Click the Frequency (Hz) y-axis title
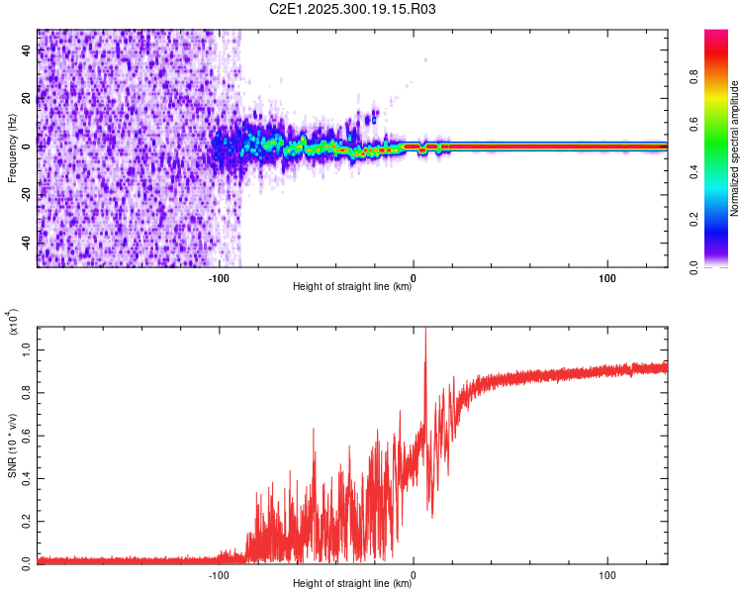pyautogui.click(x=12, y=149)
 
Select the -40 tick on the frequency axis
pyautogui.click(x=26, y=243)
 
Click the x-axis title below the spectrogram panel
pyautogui.click(x=352, y=287)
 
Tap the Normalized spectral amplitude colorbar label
pyautogui.click(x=735, y=148)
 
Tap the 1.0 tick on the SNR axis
pyautogui.click(x=26, y=347)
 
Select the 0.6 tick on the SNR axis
pyautogui.click(x=26, y=433)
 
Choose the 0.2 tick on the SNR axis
pyautogui.click(x=26, y=518)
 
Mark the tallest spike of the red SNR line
pyautogui.click(x=425, y=329)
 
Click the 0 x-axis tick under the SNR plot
pyautogui.click(x=414, y=572)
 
